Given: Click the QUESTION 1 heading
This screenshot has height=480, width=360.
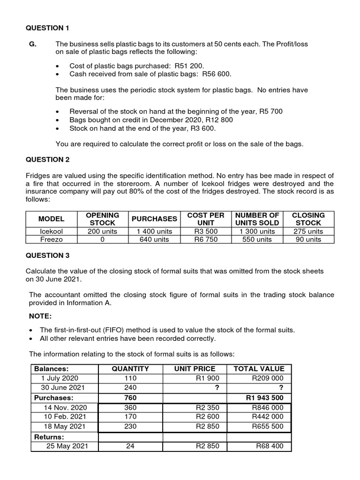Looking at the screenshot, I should coord(47,28).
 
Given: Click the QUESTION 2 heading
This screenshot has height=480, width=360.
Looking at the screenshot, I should coord(47,159).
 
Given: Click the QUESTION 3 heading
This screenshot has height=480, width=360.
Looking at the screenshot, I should coord(47,255).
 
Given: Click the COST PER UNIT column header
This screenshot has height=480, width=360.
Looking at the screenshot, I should coord(206,219).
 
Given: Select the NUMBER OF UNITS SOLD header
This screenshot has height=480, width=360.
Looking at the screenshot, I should coord(257,219).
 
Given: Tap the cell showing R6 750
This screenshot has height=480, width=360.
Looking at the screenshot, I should coord(206,239).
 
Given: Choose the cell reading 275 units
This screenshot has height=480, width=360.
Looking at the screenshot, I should coord(308,231).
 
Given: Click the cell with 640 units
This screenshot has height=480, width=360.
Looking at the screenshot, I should coord(154,239).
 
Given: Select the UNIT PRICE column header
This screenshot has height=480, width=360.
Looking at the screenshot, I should coord(195,368).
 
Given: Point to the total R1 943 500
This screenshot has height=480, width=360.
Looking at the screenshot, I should coord(264,398).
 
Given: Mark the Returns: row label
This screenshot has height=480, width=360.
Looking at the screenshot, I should coord(49,437).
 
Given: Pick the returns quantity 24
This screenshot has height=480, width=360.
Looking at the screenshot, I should coord(130,446).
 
